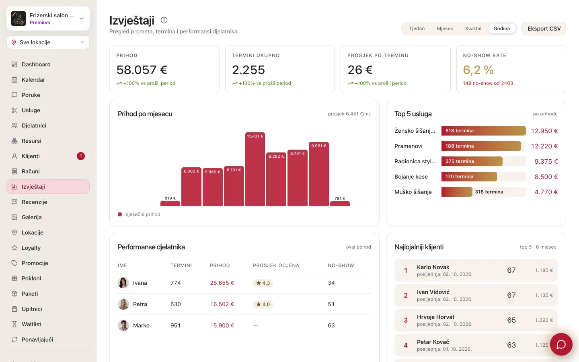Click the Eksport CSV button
coord(544,29)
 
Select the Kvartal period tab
coord(473,29)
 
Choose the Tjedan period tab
coord(417,29)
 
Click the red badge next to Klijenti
coord(81,156)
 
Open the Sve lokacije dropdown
coord(48,42)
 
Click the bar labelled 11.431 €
coord(255,169)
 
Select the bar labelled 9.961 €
coord(319,174)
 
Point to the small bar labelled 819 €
coord(170,204)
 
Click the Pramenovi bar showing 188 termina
coord(481,146)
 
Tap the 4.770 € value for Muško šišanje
coord(546,192)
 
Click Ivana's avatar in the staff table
coord(123,283)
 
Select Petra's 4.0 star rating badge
coord(263,304)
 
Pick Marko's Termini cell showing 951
coord(175,325)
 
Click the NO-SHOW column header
coord(341,265)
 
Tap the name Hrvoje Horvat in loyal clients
coord(435,317)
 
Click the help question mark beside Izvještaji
coord(164,20)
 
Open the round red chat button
coord(561,344)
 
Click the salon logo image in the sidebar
coord(18,19)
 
